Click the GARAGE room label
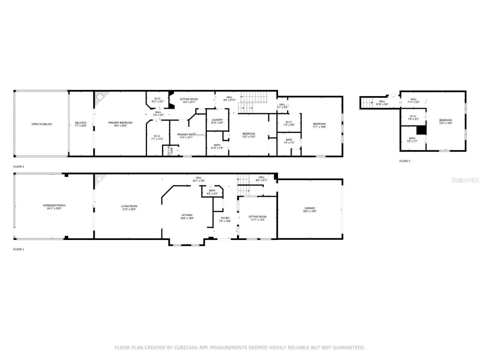309,208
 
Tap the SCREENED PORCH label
54,205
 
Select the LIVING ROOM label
129,206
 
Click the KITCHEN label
187,215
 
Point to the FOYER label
225,218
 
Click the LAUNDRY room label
217,120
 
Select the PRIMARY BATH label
186,135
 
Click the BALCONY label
81,123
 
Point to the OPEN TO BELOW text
42,124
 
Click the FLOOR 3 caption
405,161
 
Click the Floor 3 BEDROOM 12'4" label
445,120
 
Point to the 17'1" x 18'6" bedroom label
319,124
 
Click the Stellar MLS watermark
465,180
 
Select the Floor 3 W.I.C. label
413,116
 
